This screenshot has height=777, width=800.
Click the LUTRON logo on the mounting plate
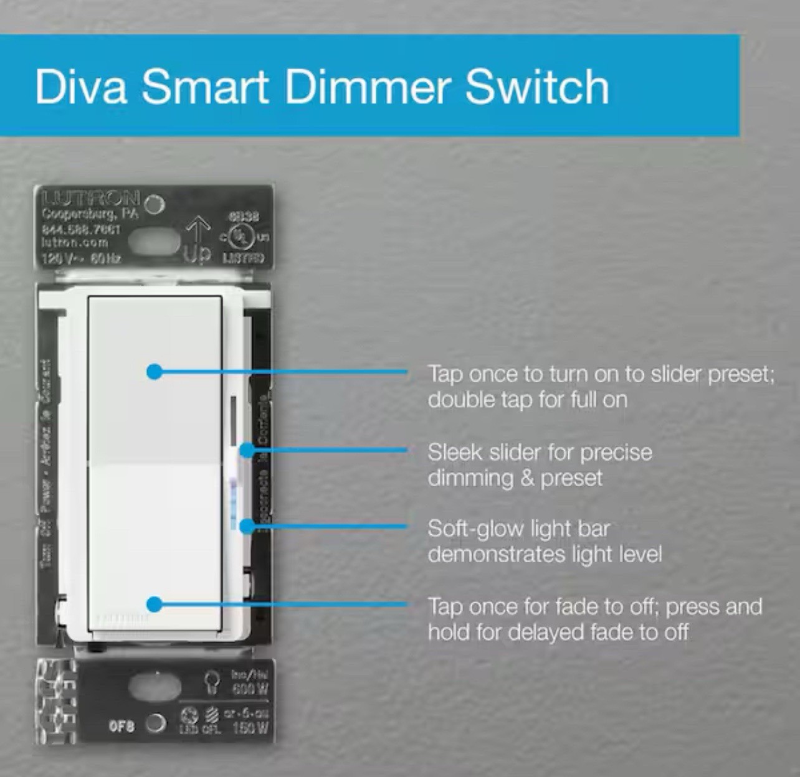[91, 199]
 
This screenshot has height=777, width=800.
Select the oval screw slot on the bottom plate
[155, 687]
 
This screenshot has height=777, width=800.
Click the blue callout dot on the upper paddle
[155, 372]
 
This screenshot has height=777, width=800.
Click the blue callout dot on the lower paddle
[155, 604]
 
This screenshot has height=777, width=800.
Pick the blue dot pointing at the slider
[247, 450]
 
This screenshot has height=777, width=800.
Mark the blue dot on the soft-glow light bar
[247, 527]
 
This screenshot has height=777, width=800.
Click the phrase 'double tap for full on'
[527, 399]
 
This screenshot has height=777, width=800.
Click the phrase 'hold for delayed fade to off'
[558, 632]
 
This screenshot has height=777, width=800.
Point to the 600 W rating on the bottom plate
[250, 689]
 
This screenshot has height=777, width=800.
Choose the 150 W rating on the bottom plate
[250, 727]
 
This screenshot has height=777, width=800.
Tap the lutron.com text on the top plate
[74, 242]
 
